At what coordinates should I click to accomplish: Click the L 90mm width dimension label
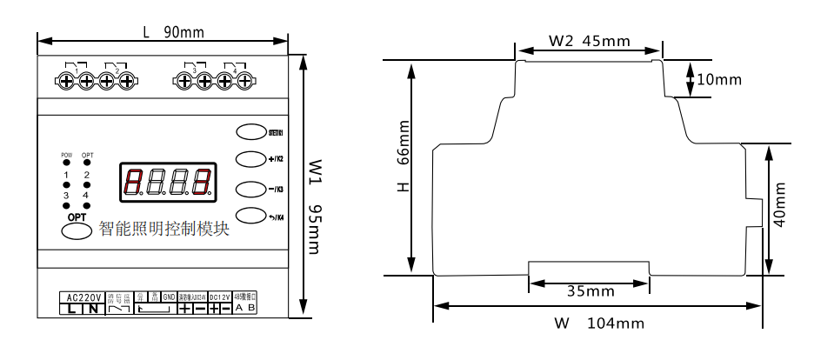tap(173, 32)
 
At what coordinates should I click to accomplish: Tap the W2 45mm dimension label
tap(589, 41)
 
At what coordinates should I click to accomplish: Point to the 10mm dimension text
tap(719, 80)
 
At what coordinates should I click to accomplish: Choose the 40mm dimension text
tap(779, 205)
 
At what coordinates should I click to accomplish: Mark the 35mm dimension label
tap(589, 290)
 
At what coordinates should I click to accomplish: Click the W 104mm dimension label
tap(598, 323)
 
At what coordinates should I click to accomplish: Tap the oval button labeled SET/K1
tap(250, 131)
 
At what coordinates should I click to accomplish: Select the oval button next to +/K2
tap(250, 159)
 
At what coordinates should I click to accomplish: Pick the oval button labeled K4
tap(250, 216)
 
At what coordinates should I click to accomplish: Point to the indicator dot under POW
tap(66, 163)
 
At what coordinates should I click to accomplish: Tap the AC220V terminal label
tap(81, 297)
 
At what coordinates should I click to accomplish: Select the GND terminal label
tap(169, 297)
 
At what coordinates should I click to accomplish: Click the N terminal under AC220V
tap(91, 309)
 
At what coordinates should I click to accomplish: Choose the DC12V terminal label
tap(220, 297)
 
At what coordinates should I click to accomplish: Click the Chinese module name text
tap(163, 229)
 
